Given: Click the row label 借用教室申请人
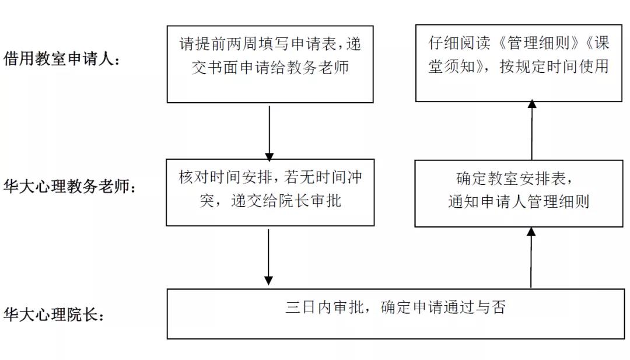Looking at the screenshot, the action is coord(61,59).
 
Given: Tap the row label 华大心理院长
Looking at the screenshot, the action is coord(54,314).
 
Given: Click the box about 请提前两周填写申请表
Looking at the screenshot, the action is coord(270,64).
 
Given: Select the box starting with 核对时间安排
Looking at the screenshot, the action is coord(270,193).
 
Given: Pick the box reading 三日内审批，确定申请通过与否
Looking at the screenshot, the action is coord(395,314).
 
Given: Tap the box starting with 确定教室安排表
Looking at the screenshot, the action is coord(519,194).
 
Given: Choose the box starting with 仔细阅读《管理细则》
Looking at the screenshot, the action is coord(519,63).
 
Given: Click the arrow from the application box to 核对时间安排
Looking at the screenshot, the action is coord(269,133).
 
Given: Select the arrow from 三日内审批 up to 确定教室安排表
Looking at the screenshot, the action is coord(531,257).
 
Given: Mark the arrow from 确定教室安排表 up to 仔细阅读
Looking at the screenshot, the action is coord(532,130).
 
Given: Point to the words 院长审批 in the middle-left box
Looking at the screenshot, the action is coord(310,201).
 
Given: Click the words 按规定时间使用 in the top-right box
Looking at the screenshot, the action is coord(555,67).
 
